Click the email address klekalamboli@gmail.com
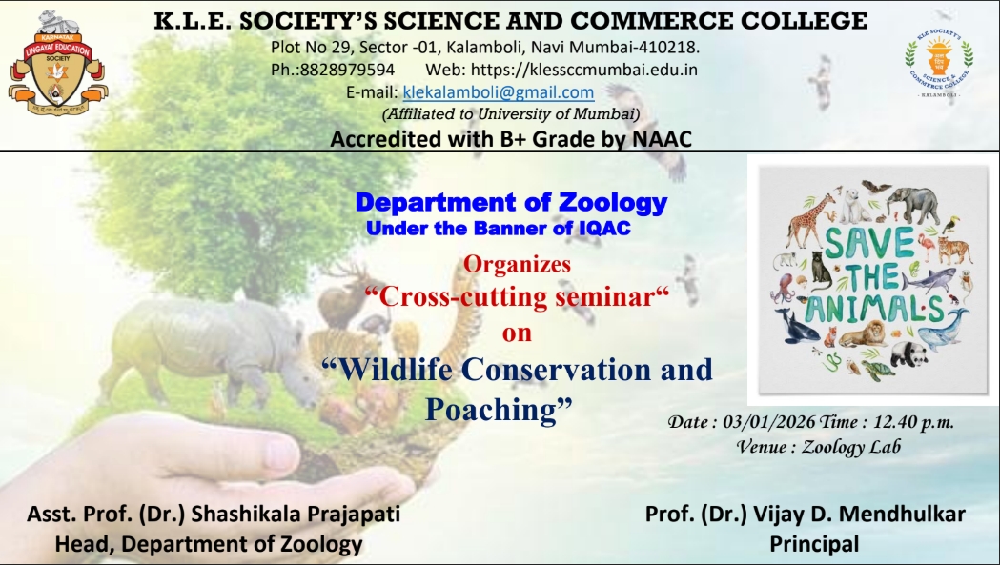pos(499,92)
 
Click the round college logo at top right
pos(938,62)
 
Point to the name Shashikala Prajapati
pos(296,515)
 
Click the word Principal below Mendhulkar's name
pos(813,544)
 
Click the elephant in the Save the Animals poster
pos(916,204)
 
